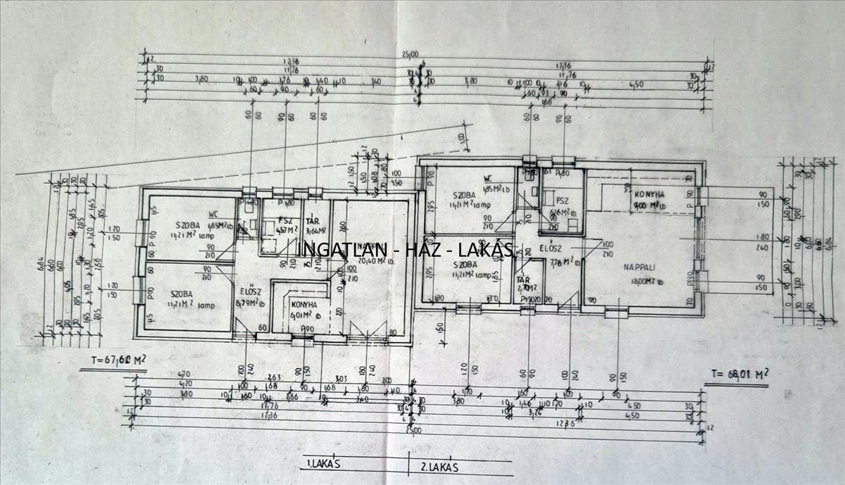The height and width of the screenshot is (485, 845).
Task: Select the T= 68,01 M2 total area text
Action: click(737, 374)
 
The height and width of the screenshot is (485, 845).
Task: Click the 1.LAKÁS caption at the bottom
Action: click(323, 465)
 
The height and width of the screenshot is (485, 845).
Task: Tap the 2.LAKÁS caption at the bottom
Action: click(439, 466)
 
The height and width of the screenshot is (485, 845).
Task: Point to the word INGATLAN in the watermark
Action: click(337, 250)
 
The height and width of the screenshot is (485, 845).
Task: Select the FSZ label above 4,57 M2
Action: click(284, 220)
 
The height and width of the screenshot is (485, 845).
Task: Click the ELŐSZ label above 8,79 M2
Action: click(249, 291)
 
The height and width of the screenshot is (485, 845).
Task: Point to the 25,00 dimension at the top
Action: click(411, 53)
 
